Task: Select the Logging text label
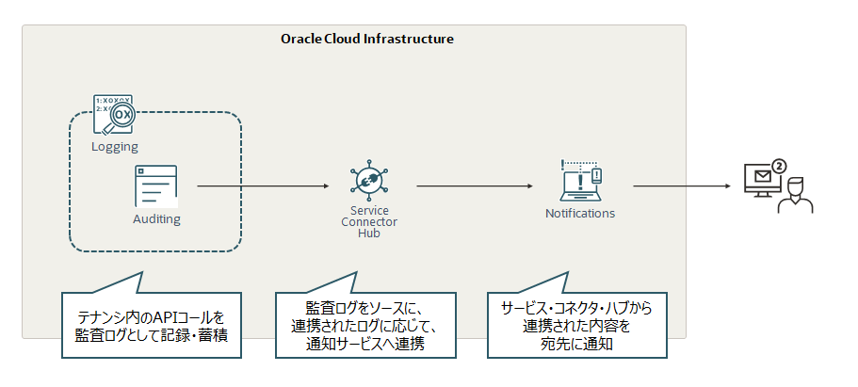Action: (115, 147)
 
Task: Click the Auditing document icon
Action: (155, 186)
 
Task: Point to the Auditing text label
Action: (156, 218)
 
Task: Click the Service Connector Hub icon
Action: (368, 181)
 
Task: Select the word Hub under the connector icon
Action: (368, 234)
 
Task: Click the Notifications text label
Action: (580, 214)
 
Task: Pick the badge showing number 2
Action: (779, 167)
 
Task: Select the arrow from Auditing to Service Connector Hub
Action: (265, 186)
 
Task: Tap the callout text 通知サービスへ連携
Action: (366, 344)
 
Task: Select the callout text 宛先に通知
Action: (576, 344)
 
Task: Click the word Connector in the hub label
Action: (368, 222)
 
